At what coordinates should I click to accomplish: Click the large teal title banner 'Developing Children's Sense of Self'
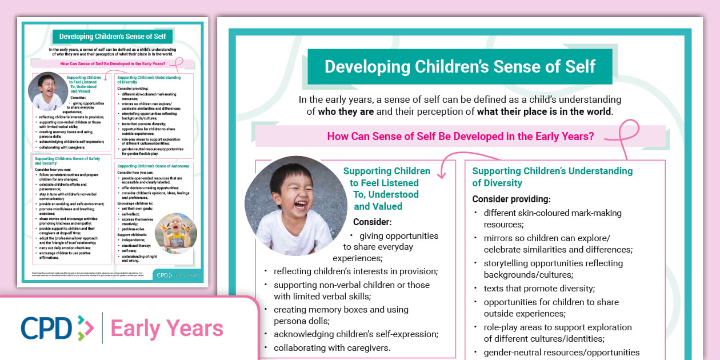tap(459, 66)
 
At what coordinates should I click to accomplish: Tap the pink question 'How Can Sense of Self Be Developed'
tap(460, 137)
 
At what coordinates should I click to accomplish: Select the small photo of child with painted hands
tap(175, 233)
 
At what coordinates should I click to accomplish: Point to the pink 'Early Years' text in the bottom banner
tap(167, 329)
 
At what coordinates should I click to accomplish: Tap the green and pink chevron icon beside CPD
tap(85, 328)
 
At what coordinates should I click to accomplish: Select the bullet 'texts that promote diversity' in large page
tap(539, 289)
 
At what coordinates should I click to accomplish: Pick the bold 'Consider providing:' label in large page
tap(511, 199)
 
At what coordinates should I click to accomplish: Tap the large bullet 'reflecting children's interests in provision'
tap(355, 271)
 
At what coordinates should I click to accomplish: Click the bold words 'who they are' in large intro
tap(346, 111)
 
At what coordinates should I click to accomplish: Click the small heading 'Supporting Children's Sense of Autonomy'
tap(153, 166)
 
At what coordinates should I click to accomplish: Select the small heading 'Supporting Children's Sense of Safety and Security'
tap(67, 161)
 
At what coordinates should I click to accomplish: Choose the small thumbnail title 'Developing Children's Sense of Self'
tap(113, 37)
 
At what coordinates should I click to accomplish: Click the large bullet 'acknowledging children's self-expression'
tap(355, 334)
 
